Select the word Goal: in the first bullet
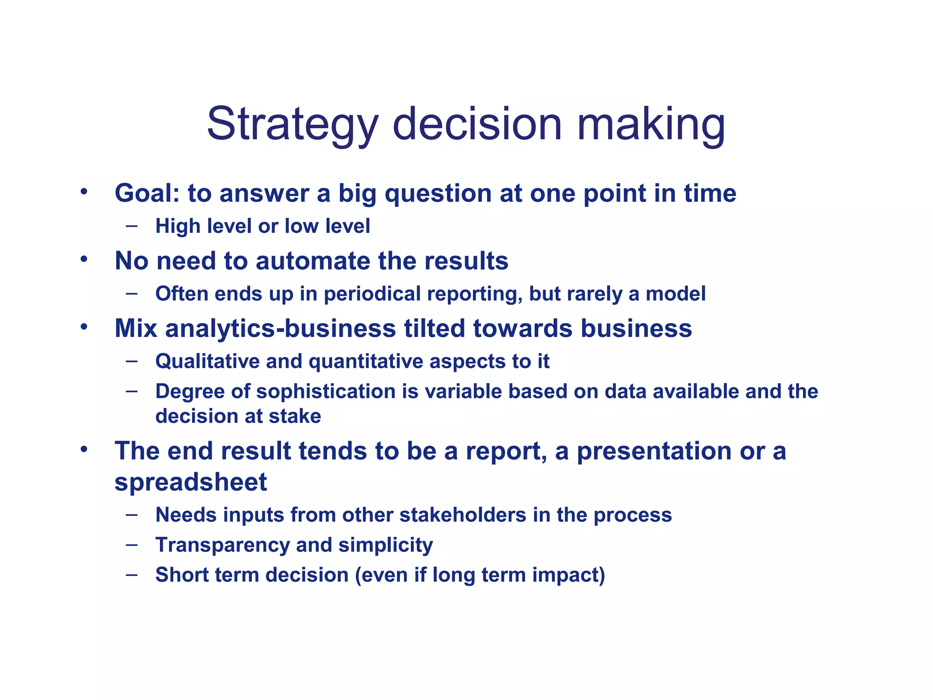(x=147, y=193)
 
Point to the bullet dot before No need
(x=83, y=259)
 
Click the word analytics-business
(x=280, y=329)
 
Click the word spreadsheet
(x=190, y=483)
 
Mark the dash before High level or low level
(x=132, y=225)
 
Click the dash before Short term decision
(x=132, y=574)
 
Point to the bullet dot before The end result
(x=83, y=449)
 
